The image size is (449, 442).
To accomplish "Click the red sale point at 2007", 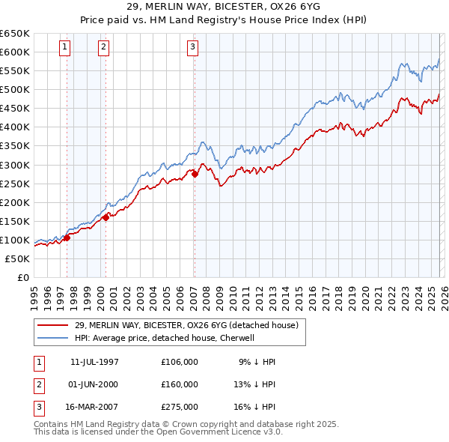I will tap(195, 174).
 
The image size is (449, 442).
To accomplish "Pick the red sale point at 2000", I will tap(106, 217).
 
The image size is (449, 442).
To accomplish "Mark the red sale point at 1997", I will tap(67, 237).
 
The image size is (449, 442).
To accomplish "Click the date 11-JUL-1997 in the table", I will tap(94, 362).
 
